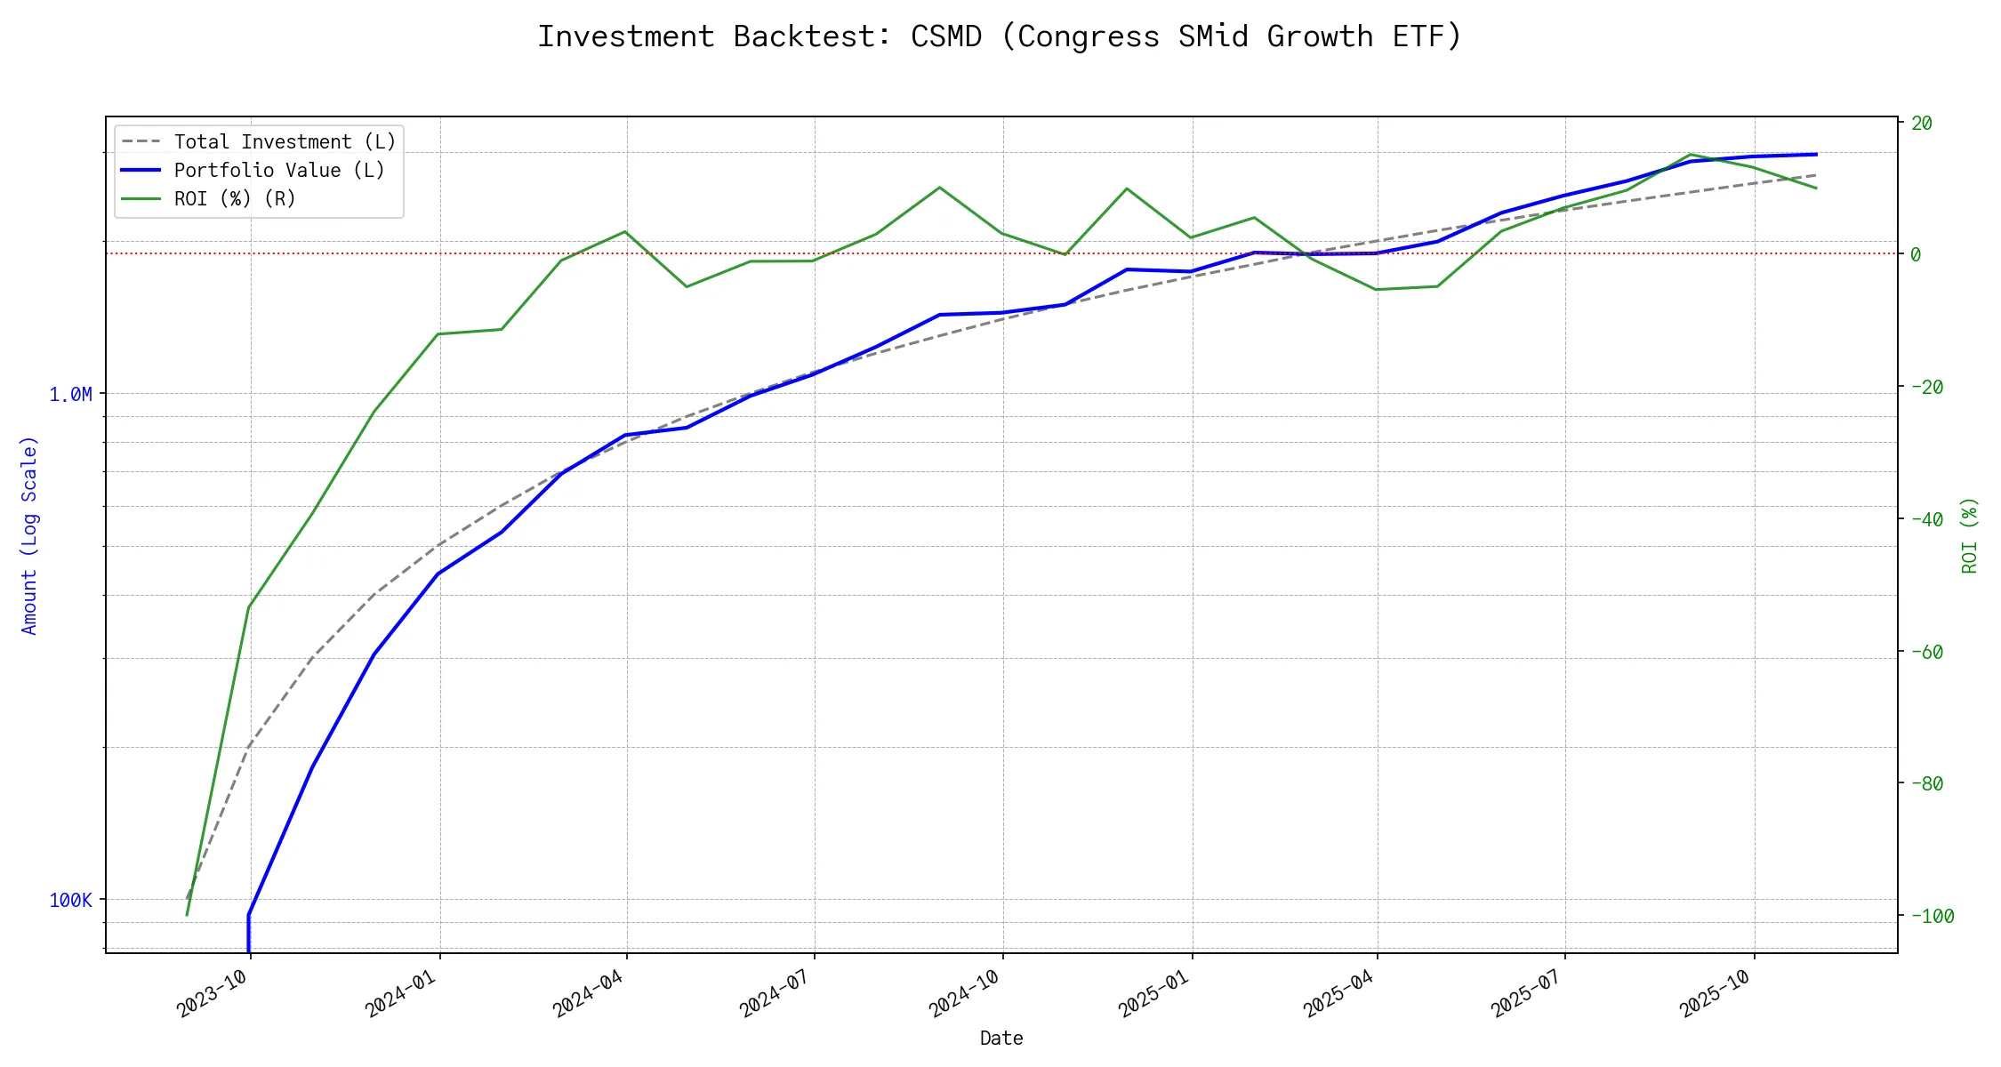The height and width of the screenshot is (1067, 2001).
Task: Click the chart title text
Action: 1000,36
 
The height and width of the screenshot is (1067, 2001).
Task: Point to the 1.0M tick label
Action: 70,394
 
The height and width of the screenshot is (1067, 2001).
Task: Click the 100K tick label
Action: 70,900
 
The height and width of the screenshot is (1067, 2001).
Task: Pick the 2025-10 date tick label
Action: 1715,993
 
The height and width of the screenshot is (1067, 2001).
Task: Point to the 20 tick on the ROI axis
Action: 1922,123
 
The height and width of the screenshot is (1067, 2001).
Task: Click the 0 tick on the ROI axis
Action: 1916,254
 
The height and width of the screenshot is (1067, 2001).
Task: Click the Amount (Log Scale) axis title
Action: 29,534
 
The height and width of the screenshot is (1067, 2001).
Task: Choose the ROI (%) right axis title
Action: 1969,534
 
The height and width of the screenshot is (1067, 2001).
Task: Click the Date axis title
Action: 1001,1038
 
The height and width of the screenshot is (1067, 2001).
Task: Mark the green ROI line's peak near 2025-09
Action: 1690,155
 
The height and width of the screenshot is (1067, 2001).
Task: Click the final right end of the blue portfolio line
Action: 1816,154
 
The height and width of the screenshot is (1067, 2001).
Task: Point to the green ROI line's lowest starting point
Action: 187,915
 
